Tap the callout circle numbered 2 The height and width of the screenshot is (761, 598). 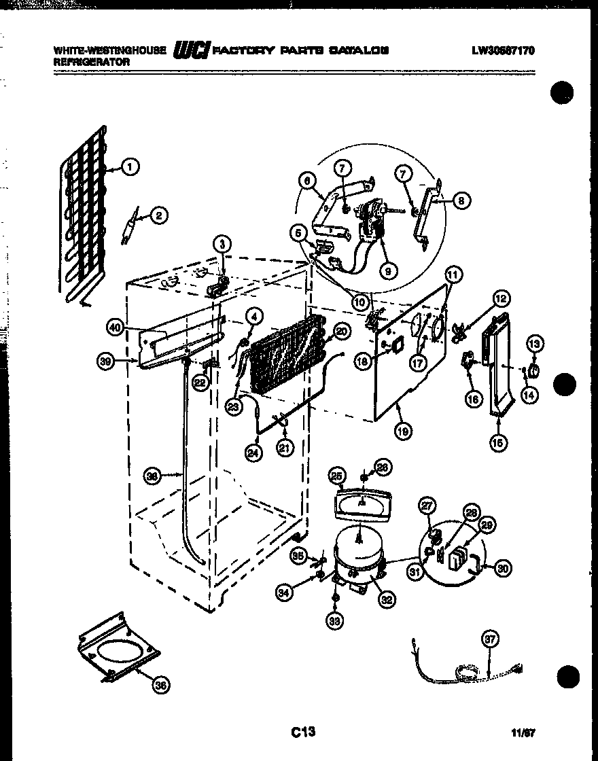point(158,216)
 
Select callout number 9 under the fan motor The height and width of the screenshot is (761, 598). point(389,270)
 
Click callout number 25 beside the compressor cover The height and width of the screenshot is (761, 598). point(337,476)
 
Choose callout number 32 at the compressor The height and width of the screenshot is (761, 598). point(387,599)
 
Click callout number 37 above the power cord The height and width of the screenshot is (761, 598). point(491,639)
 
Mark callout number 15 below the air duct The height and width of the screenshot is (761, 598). point(499,443)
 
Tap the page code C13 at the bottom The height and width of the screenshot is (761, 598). point(303,732)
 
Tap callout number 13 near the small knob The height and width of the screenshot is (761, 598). point(534,345)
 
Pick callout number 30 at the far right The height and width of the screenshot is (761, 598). point(502,569)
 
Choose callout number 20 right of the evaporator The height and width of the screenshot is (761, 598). point(342,331)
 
